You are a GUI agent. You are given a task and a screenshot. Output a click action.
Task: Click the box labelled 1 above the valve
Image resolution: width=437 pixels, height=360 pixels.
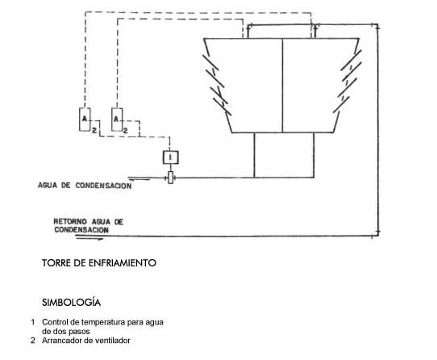[171, 157]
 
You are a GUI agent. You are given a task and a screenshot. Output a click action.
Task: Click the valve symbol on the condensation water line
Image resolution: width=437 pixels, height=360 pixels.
[171, 178]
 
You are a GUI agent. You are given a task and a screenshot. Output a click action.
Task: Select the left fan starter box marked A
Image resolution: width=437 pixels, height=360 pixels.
[85, 119]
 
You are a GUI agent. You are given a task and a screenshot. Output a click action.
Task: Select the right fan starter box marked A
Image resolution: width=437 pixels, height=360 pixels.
[117, 119]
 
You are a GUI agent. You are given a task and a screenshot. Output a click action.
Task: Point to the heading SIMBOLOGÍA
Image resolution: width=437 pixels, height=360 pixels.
[71, 302]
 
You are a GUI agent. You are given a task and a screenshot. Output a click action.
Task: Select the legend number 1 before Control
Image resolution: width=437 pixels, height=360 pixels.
[33, 322]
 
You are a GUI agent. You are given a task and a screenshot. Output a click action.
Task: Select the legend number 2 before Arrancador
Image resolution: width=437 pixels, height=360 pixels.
[33, 341]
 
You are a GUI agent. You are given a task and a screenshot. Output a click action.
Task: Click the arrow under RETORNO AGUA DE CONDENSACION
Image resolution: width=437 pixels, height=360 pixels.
[89, 238]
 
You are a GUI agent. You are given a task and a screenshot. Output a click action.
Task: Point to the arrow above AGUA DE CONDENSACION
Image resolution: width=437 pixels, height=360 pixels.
[139, 178]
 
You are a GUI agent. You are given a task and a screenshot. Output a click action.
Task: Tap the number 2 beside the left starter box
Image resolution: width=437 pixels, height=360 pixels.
[94, 130]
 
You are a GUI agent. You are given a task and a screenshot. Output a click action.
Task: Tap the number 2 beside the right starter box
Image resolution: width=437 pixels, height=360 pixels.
[126, 130]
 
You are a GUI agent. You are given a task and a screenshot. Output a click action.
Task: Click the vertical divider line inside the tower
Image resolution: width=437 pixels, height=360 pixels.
[282, 86]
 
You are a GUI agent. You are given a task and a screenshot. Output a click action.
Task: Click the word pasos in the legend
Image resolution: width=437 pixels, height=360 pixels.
[81, 332]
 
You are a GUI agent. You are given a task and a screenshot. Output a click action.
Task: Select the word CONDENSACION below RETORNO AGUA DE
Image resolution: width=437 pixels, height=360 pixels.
[81, 230]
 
